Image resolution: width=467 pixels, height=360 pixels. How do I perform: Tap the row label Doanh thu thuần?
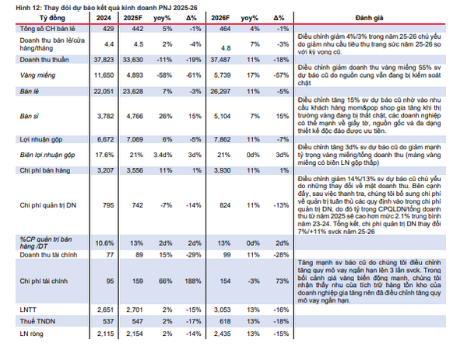(x=41, y=59)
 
